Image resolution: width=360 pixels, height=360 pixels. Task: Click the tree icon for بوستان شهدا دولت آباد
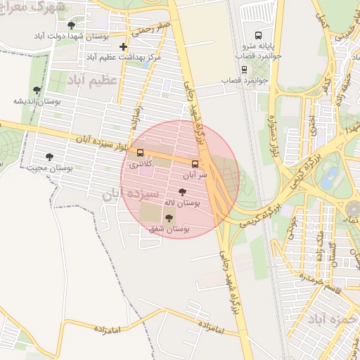click(x=71, y=26)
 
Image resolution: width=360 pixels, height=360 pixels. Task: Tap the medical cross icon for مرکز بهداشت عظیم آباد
click(x=124, y=46)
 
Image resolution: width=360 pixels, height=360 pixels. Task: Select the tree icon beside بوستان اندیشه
click(x=37, y=90)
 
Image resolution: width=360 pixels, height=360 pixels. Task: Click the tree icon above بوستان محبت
click(x=49, y=157)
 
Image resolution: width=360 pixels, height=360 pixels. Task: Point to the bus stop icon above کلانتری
click(x=140, y=153)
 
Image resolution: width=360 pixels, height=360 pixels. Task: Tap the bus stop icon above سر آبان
click(x=195, y=164)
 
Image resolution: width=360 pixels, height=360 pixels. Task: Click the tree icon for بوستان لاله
click(x=183, y=192)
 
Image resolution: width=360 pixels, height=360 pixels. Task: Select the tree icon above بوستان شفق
click(x=168, y=218)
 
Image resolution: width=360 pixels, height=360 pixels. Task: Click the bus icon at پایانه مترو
click(x=259, y=34)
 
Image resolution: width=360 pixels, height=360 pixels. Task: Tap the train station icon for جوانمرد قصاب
click(x=244, y=69)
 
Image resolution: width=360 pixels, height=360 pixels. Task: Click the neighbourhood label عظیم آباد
click(x=91, y=82)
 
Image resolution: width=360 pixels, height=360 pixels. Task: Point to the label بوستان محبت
click(x=48, y=168)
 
